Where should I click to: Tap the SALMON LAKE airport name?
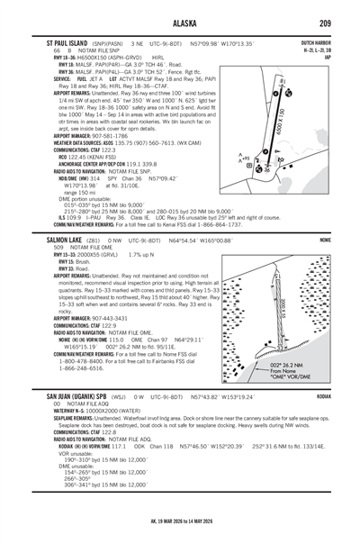tap(49, 241)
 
